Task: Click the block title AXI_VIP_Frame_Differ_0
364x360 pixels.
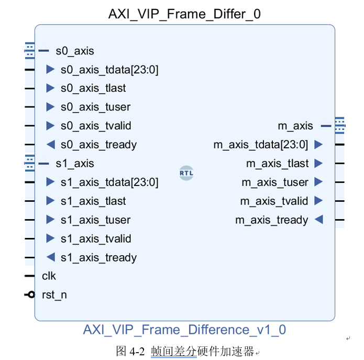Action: point(184,14)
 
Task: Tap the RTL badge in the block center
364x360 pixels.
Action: point(186,172)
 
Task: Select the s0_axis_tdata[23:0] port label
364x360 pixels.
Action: point(109,69)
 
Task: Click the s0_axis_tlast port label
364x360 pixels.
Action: point(93,88)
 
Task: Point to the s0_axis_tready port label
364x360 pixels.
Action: point(98,145)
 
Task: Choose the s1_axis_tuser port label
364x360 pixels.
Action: point(95,220)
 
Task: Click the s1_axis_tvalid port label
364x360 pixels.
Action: point(96,239)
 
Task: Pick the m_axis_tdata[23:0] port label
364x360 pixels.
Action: point(261,145)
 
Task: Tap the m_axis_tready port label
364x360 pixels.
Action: point(271,220)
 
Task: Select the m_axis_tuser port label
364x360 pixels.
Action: point(275,182)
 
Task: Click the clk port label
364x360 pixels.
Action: point(49,276)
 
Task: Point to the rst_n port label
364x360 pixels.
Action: point(54,295)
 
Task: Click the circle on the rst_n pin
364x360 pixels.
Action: point(31,294)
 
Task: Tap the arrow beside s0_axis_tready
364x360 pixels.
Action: point(50,145)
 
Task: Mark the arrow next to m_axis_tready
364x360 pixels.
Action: point(318,220)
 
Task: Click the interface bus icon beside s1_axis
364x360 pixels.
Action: point(29,163)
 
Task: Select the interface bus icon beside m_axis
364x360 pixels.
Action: point(339,125)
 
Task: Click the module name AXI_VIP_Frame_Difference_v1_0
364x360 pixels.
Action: point(184,330)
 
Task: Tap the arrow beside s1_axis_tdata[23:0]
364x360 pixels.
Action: point(50,182)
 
